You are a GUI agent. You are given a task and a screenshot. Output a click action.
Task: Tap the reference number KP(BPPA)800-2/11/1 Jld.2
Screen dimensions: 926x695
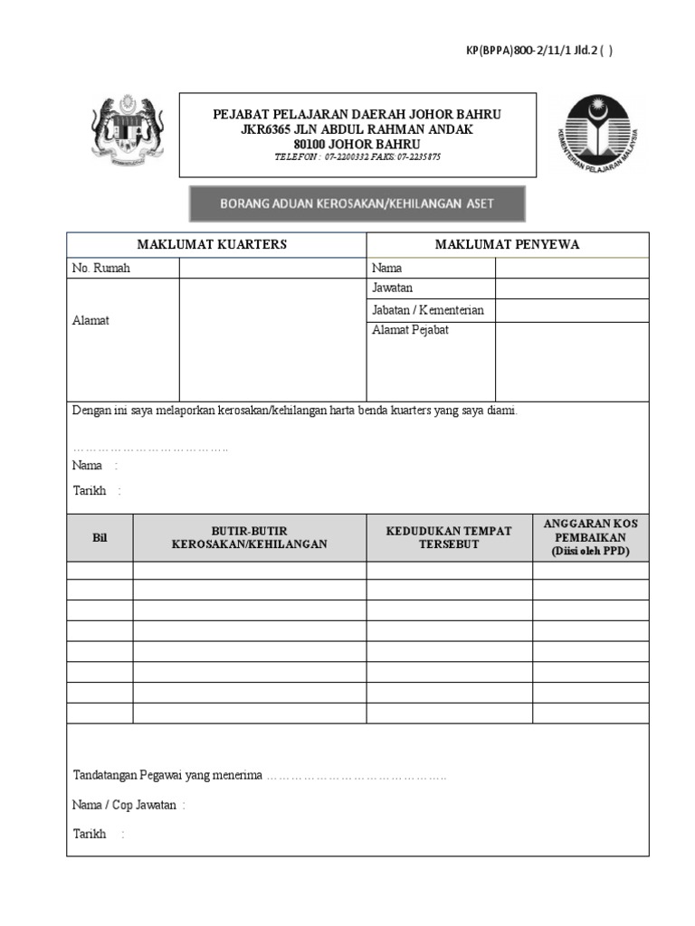click(538, 51)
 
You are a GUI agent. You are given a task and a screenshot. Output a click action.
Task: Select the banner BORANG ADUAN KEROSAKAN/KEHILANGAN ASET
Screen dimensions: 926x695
click(357, 203)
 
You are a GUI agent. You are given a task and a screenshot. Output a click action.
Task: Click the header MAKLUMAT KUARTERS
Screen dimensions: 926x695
click(212, 244)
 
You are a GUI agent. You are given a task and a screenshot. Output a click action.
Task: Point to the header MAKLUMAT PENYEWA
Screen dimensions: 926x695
click(507, 244)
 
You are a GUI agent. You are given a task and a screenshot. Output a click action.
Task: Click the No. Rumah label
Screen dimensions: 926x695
click(101, 268)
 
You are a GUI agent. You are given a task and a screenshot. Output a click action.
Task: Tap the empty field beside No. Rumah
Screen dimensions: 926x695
click(271, 268)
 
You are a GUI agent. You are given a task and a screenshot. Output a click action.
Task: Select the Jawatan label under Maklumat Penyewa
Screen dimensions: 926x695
click(392, 288)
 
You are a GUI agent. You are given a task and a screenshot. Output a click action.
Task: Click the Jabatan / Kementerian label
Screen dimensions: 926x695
click(427, 309)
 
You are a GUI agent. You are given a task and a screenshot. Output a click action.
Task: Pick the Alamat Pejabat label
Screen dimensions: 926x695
click(410, 330)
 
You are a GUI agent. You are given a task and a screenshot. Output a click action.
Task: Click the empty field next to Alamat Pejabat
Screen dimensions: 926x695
click(571, 361)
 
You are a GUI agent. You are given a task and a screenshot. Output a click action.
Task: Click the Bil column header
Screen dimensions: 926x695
click(100, 537)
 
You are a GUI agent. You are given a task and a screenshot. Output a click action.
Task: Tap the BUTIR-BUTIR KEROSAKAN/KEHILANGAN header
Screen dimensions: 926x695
click(249, 537)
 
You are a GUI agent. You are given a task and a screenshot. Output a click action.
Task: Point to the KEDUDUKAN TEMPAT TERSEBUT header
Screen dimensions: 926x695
click(449, 537)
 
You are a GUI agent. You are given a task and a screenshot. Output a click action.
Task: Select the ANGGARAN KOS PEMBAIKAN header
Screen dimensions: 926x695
click(590, 537)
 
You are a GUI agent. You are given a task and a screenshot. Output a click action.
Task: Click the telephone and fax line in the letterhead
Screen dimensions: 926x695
click(357, 156)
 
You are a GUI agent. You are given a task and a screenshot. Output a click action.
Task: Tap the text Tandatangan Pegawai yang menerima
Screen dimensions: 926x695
click(167, 775)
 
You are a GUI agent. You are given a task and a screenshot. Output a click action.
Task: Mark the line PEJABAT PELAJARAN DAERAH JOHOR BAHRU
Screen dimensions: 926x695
click(357, 115)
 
